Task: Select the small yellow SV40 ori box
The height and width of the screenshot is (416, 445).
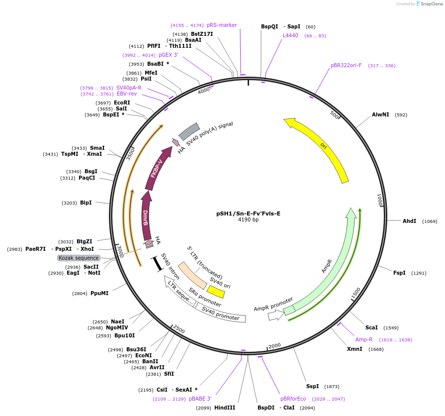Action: (215, 291)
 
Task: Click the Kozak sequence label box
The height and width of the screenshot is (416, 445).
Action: (79, 258)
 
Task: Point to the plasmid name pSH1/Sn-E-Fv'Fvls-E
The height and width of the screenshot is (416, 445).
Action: (248, 213)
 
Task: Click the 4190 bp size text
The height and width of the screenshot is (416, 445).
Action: (248, 220)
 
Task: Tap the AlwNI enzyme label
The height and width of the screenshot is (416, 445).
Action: (380, 115)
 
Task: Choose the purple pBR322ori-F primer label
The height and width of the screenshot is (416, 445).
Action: (346, 65)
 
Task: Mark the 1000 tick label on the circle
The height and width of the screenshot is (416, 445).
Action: (379, 201)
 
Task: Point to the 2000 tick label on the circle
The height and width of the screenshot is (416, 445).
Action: (274, 345)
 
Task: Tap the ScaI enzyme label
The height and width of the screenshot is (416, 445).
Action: (371, 327)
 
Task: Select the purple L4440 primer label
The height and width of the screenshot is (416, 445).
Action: (290, 35)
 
